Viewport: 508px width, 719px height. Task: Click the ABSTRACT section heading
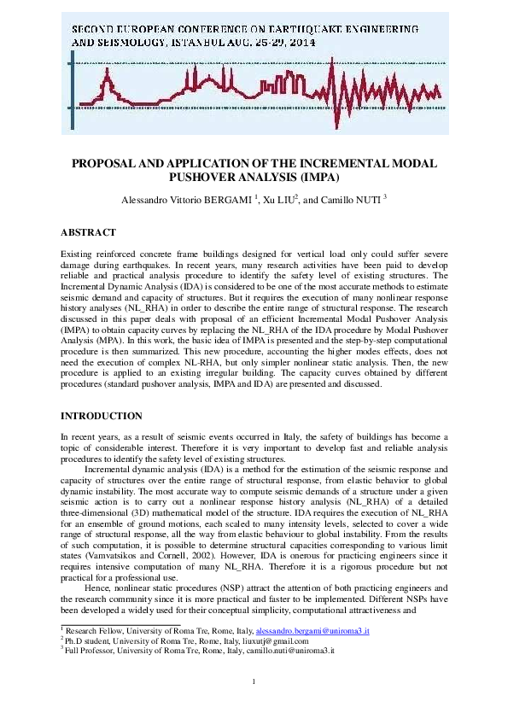(x=88, y=231)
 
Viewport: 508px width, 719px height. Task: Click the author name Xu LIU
(x=277, y=200)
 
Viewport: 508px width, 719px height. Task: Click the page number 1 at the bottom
(x=254, y=681)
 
